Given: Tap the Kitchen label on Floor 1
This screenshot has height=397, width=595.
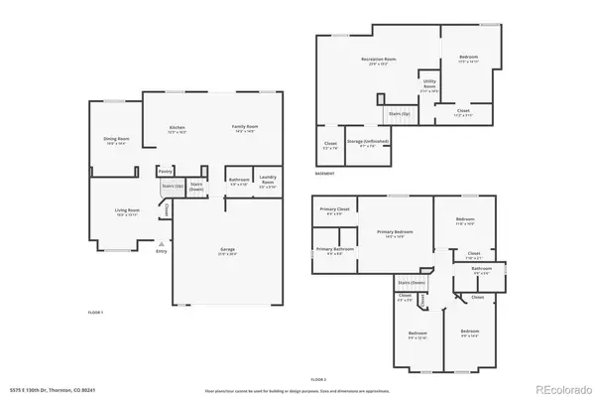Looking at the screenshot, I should [178, 128].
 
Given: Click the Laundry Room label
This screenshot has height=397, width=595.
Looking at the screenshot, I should [267, 182].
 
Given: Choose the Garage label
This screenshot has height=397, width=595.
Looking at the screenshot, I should [227, 249].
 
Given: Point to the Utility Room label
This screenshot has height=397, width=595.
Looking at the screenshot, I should [429, 83].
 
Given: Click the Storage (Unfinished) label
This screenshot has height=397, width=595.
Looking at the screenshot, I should [366, 143].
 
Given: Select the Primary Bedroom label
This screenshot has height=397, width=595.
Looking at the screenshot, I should [394, 233].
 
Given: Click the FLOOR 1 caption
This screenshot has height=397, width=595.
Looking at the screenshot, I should [95, 312].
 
